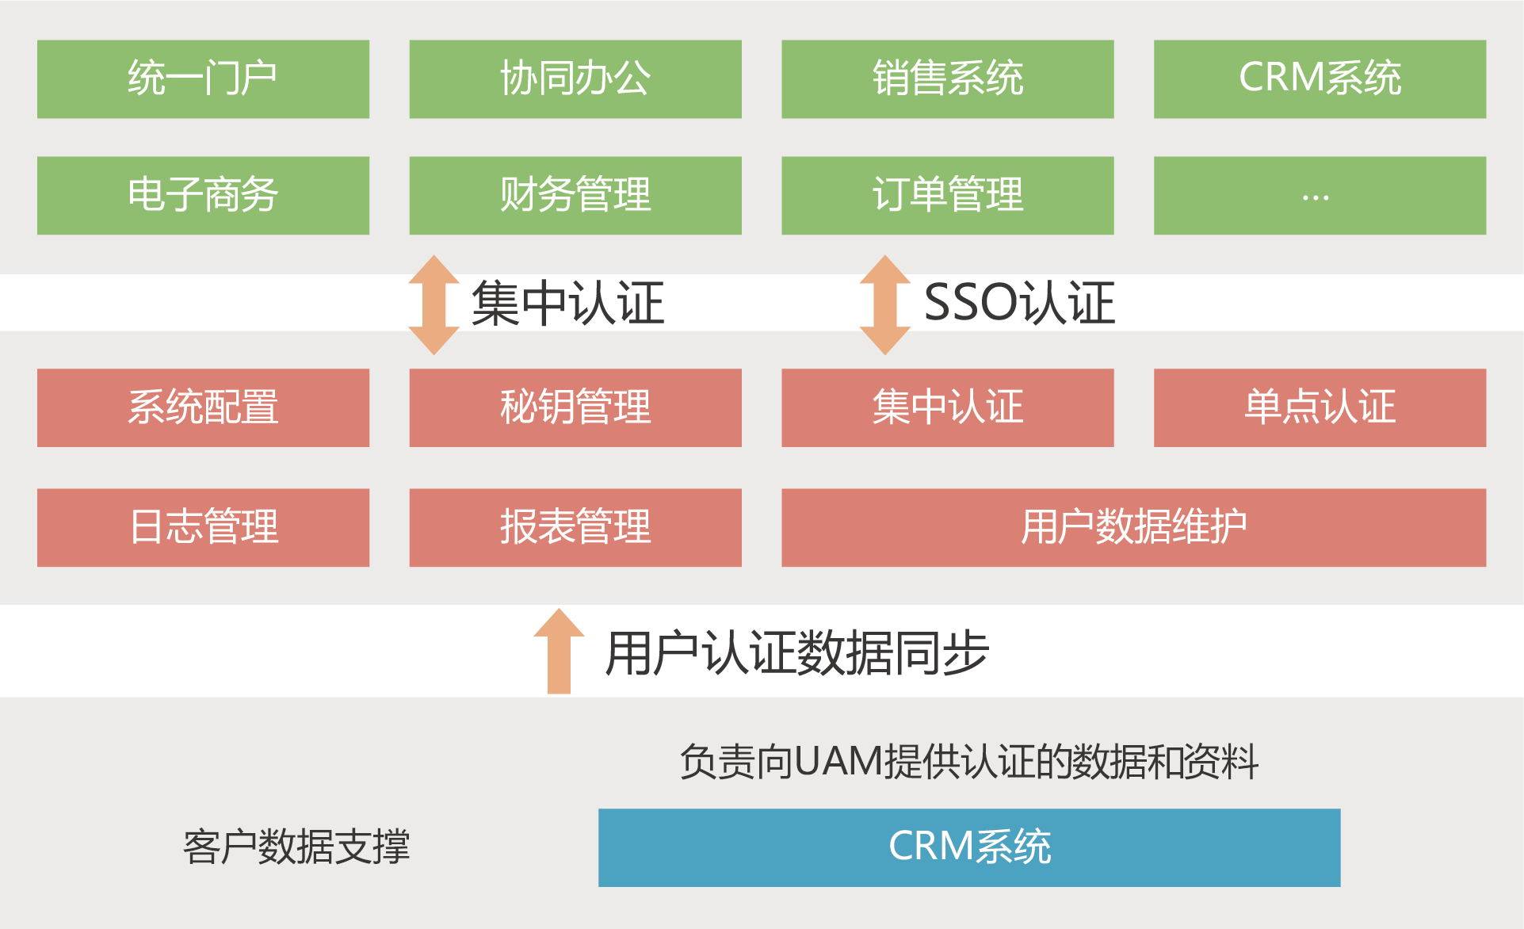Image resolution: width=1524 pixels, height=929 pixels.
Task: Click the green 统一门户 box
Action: [x=203, y=79]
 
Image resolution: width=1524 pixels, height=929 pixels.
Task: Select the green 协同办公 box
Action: [x=575, y=79]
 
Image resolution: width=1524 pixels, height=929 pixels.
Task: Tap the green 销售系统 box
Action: [x=947, y=79]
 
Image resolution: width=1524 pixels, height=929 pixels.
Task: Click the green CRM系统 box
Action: [x=1320, y=79]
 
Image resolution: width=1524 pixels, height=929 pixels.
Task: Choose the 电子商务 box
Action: [x=203, y=195]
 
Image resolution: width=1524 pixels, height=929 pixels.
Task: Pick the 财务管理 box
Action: [x=575, y=195]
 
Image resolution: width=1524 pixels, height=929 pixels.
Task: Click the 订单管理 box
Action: [x=947, y=195]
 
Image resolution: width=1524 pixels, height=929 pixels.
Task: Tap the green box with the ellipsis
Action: [x=1320, y=195]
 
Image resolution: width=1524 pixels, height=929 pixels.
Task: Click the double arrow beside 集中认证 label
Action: [x=434, y=304]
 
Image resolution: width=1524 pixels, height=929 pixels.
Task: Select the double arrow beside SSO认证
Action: [x=884, y=304]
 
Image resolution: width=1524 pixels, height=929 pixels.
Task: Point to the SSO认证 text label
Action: [x=1019, y=303]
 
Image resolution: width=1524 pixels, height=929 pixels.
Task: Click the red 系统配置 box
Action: [x=203, y=407]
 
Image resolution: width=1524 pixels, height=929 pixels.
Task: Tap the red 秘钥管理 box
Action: [x=575, y=407]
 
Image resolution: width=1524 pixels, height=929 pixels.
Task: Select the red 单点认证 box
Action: [x=1320, y=407]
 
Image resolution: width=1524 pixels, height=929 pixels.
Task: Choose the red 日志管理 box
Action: [x=203, y=527]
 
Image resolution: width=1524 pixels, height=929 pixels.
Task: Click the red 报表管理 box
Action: [x=575, y=527]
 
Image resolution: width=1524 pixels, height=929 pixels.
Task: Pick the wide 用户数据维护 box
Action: [x=1133, y=527]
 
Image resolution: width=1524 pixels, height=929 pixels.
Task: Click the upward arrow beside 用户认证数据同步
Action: [x=559, y=652]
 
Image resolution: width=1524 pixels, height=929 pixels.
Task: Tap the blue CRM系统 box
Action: [x=968, y=847]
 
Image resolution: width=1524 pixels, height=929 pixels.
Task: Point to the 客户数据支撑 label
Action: [x=296, y=847]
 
